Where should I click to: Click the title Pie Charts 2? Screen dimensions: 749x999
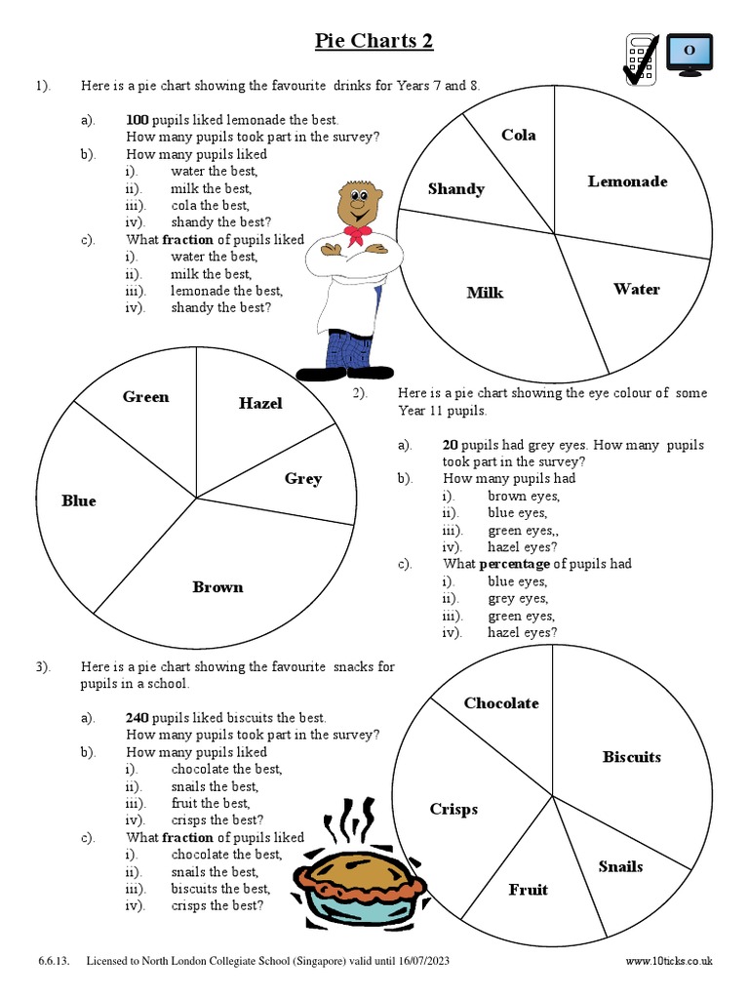pos(374,41)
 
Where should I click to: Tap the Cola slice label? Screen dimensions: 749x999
pos(518,136)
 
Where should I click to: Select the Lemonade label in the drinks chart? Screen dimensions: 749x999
pos(627,181)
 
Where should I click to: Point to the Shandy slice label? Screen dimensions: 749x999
pos(455,189)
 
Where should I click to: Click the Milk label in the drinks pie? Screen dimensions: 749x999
pos(485,293)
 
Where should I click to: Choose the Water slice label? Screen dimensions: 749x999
pos(636,289)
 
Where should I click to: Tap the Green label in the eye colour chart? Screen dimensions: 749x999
pos(145,397)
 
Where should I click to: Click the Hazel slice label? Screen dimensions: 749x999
pos(260,403)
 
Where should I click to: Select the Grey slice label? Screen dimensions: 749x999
pos(303,478)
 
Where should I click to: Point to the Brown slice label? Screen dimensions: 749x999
pos(217,587)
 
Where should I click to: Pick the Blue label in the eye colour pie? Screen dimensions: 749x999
pos(79,500)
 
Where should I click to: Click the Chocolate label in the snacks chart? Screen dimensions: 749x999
pos(500,703)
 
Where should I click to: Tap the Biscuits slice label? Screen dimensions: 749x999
pos(631,757)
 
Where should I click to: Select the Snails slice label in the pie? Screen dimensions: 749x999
pos(620,866)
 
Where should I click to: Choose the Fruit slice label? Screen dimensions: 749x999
pos(528,890)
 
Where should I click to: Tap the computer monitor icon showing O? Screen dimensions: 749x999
pos(689,53)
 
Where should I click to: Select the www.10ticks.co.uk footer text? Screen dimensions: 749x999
pos(669,961)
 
